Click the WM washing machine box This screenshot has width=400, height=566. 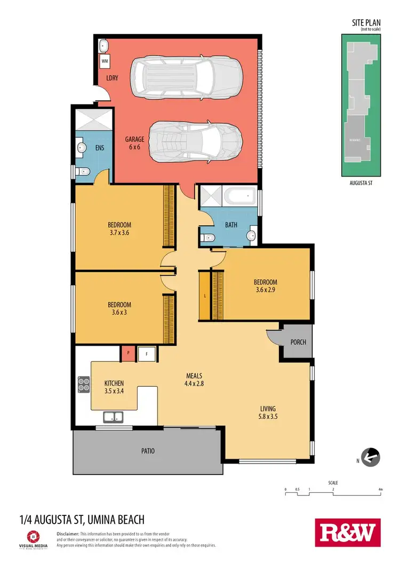[105, 61]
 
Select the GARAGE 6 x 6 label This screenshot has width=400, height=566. [136, 143]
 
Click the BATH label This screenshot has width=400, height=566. [231, 225]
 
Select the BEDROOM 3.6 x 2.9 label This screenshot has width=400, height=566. [266, 286]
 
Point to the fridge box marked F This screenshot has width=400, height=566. [146, 353]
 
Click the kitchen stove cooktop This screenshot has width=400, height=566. [84, 384]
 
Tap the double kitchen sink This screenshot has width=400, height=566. [114, 417]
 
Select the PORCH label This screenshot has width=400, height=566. [298, 342]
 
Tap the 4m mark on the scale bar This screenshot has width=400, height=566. [380, 489]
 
